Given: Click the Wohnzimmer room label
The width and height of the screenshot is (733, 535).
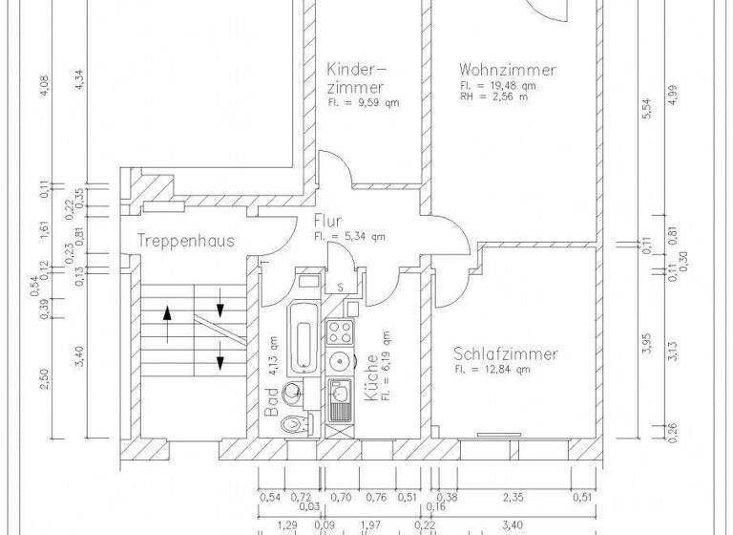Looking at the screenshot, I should pos(507,70).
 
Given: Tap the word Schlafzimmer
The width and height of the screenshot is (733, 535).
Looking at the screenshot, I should pos(505,353).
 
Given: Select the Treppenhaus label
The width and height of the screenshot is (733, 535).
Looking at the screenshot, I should pos(185,241).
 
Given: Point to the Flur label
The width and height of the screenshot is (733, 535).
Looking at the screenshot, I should pos(327,221).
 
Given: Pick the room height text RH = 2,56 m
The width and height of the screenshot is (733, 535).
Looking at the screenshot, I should pos(494,96).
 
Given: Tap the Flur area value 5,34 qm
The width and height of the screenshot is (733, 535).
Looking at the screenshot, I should pos(348,236).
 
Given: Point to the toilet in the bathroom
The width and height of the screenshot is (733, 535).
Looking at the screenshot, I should pos(301,422).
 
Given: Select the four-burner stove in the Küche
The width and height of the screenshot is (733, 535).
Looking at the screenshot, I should pos(340,332).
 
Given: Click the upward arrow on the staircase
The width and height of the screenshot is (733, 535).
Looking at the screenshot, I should pos(169,324).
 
